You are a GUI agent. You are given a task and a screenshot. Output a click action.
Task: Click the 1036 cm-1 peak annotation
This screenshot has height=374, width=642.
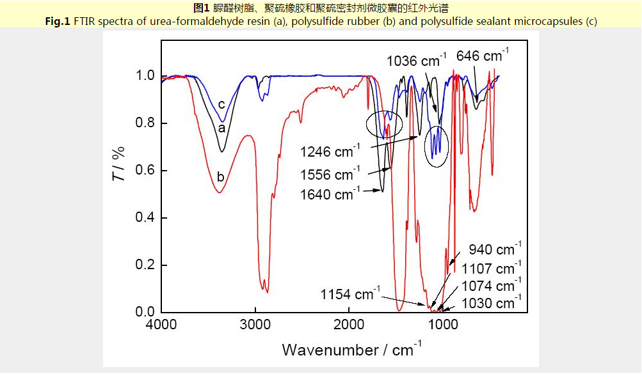[x=417, y=61]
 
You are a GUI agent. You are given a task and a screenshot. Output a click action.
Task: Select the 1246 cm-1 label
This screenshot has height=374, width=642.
[x=330, y=152]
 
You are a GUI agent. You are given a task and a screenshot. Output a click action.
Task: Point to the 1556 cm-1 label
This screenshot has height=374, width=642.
[x=330, y=173]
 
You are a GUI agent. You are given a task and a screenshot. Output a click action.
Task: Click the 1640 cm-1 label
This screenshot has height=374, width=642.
[x=330, y=194]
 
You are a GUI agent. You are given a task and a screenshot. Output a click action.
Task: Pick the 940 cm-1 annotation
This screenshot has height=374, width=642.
[x=495, y=249]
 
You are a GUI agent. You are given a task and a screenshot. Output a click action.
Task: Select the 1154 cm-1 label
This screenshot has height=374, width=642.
[x=350, y=295]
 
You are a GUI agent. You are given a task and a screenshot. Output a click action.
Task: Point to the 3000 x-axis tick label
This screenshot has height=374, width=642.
[x=255, y=324]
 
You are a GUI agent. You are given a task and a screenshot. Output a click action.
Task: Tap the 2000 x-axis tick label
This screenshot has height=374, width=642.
[x=349, y=324]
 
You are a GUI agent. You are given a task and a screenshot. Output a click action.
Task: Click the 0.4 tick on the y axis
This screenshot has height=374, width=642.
[x=146, y=218]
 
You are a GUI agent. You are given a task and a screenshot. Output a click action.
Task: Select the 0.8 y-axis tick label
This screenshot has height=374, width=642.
[x=146, y=123]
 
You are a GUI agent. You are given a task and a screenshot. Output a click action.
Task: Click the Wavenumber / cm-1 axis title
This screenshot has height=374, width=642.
[x=351, y=350]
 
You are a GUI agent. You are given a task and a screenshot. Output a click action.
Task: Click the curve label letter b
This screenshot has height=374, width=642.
[x=220, y=176]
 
